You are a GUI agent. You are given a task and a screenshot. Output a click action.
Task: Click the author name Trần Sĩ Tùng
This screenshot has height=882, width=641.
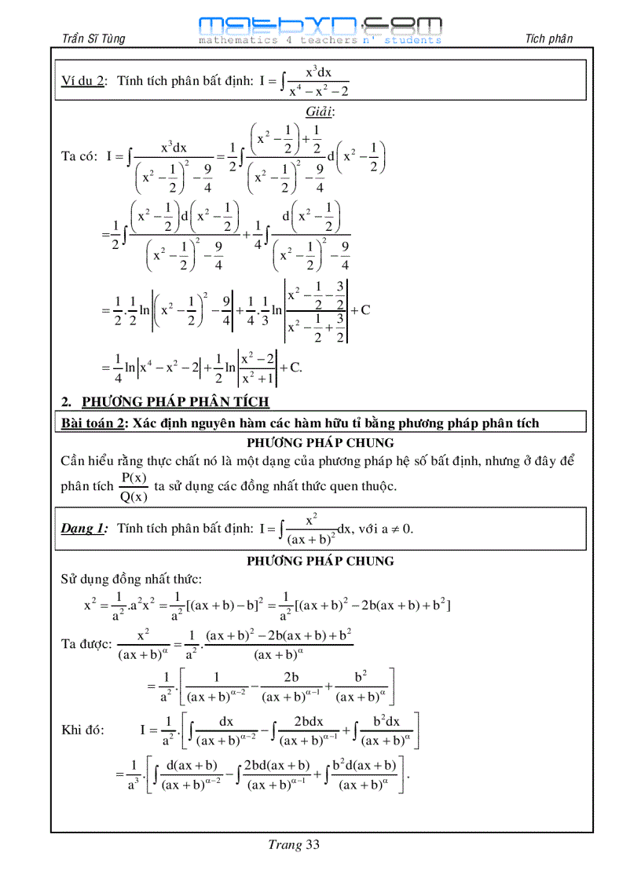click(x=93, y=38)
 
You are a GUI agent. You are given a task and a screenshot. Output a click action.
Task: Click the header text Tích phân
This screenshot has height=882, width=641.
click(x=549, y=38)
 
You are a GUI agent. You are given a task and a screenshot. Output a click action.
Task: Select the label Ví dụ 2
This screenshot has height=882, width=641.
click(x=83, y=82)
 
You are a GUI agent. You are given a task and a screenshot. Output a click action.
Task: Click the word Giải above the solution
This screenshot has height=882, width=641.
click(x=320, y=111)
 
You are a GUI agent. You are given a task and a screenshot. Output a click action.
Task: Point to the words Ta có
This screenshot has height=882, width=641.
click(x=79, y=156)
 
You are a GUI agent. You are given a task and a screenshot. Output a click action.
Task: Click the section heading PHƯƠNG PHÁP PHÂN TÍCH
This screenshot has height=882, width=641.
click(x=175, y=402)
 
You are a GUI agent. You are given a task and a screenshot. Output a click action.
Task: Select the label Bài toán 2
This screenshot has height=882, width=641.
click(x=93, y=423)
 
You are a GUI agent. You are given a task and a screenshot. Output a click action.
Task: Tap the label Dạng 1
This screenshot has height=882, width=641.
click(x=84, y=529)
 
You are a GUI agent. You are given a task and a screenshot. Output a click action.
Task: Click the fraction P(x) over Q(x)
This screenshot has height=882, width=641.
click(x=134, y=487)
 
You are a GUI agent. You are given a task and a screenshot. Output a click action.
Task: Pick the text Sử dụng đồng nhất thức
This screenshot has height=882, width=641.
click(x=131, y=580)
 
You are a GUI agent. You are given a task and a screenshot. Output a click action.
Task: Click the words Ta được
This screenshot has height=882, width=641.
click(x=86, y=643)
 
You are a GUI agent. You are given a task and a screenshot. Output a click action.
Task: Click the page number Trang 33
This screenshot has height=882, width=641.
click(x=294, y=845)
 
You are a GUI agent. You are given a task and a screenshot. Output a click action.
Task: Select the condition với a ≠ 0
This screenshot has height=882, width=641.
click(x=386, y=529)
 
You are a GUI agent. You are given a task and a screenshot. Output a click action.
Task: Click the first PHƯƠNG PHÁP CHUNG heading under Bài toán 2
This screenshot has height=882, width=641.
click(x=320, y=442)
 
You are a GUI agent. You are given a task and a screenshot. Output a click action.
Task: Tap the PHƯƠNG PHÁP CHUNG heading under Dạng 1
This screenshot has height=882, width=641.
click(x=320, y=561)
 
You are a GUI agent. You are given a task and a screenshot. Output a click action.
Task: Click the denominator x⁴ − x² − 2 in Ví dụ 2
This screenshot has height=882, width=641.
click(x=318, y=91)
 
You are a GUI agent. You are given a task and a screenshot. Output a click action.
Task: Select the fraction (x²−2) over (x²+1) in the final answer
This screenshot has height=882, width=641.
click(x=257, y=367)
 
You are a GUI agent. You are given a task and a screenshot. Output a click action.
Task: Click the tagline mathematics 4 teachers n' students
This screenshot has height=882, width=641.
click(x=320, y=40)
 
